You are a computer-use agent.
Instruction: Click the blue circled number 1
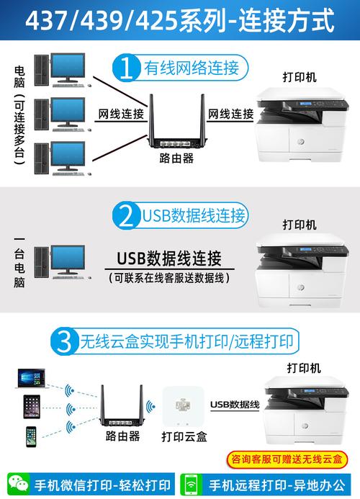(x=127, y=68)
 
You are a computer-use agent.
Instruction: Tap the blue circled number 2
(x=128, y=215)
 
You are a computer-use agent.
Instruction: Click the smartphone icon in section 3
(x=31, y=436)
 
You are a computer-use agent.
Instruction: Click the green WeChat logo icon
(x=16, y=484)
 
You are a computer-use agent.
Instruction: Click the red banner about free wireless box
(x=285, y=459)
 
